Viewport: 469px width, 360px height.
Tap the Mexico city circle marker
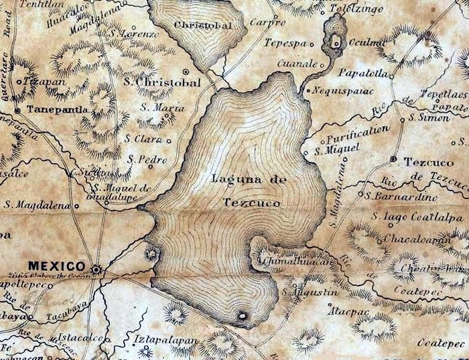pyautogui.click(x=97, y=269)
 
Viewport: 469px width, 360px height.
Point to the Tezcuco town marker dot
pyautogui.click(x=393, y=158)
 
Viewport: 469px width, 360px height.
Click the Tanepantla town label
pyautogui.click(x=55, y=108)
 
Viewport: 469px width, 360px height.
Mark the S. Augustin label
pyautogui.click(x=308, y=293)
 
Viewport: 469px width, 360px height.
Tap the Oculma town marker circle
pyautogui.click(x=336, y=44)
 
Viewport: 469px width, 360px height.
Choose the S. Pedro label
pyautogui.click(x=146, y=160)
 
